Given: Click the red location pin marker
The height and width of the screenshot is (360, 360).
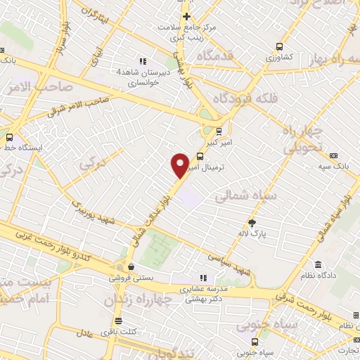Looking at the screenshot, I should coord(180,165).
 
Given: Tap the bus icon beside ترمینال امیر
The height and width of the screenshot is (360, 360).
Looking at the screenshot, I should coord(201,157).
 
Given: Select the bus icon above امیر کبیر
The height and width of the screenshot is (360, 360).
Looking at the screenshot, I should coord(219,130).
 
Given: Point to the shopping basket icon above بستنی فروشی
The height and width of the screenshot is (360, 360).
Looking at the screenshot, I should coord(131,267).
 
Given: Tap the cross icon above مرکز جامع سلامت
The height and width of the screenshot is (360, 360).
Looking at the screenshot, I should coord(186,16).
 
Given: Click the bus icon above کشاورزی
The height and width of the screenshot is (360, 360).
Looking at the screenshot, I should coord(281,42).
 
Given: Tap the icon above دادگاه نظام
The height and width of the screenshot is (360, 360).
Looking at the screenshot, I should coord(319,265).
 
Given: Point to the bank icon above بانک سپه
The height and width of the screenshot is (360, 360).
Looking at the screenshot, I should coord(333,156).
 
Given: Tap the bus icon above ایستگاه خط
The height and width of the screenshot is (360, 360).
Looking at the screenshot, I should coord(10,137).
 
